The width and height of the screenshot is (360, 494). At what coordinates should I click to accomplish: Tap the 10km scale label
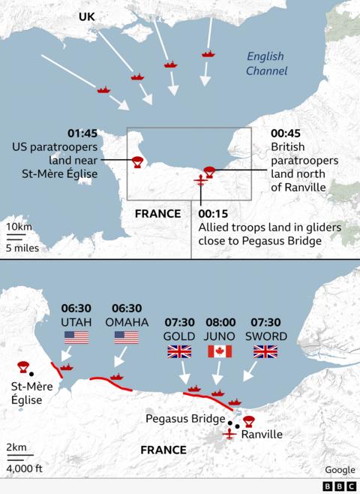pos(19,227)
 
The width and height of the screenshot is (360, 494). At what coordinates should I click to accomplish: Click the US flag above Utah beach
pos(76,337)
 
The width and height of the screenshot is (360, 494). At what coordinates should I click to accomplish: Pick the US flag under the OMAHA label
pos(127,337)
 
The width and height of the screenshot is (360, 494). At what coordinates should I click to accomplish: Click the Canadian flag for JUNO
pos(219,351)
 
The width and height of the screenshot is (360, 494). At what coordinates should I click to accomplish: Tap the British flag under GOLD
pos(178,351)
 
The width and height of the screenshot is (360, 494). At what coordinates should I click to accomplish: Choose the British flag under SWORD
pos(265,351)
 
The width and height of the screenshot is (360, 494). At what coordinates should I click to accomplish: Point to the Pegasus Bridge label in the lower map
pos(185,418)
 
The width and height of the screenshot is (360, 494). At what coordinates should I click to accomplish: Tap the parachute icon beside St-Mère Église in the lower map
pos(22,367)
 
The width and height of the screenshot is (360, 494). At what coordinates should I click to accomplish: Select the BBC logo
pos(340,486)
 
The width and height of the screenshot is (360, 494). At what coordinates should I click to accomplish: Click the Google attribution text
pos(340,470)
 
